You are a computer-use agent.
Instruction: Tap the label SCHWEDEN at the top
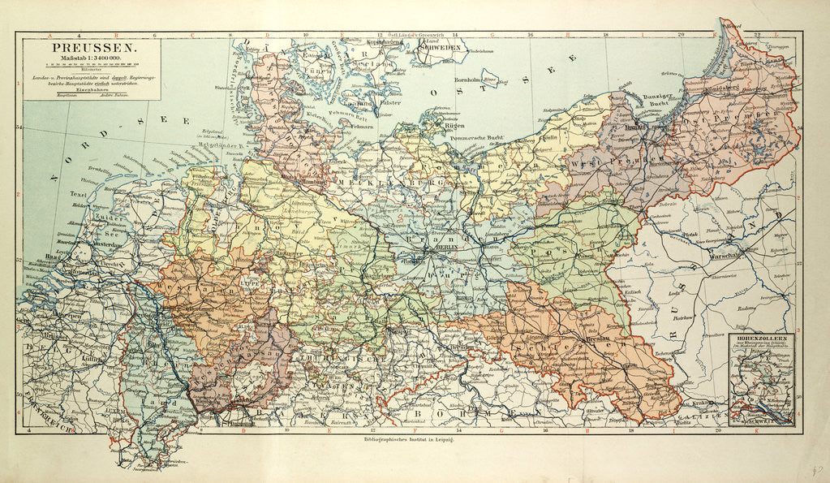click(x=443, y=49)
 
